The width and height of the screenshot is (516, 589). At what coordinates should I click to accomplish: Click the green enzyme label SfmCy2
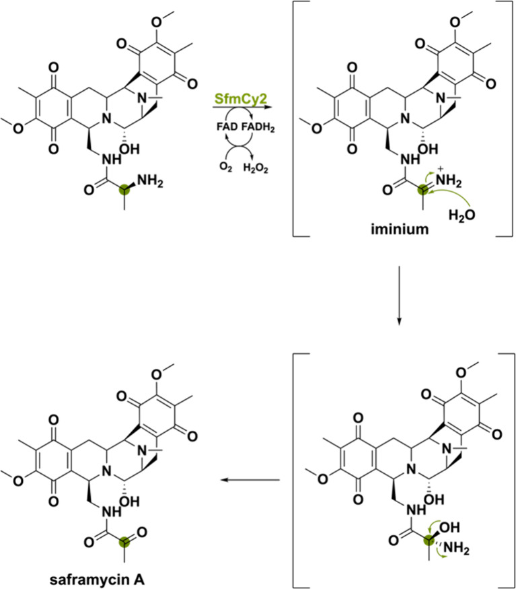click(x=241, y=99)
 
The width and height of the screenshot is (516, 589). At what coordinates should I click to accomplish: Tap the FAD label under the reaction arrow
click(x=227, y=127)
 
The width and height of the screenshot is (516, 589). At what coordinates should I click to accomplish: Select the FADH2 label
click(x=258, y=127)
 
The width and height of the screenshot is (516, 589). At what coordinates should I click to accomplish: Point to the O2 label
click(x=225, y=167)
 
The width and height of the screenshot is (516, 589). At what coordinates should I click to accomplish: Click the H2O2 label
click(x=256, y=168)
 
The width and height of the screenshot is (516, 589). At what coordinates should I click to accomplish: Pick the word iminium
click(x=400, y=228)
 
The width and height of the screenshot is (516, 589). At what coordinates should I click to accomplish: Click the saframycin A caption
click(x=97, y=580)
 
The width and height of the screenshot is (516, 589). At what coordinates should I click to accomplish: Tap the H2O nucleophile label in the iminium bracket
click(x=462, y=215)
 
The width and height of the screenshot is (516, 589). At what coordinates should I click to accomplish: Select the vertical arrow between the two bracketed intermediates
click(x=399, y=295)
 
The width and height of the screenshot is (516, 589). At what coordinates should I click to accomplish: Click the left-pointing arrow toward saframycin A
click(x=250, y=480)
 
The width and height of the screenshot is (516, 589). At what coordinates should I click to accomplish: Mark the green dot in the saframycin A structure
click(x=124, y=542)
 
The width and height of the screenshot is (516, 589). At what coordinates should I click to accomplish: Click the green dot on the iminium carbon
click(x=423, y=190)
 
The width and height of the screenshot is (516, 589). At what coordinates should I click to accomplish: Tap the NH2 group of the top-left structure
click(x=150, y=181)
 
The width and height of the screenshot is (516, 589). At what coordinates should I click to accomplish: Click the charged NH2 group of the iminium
click(x=449, y=180)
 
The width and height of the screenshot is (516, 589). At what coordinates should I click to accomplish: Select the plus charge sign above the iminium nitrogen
click(x=441, y=169)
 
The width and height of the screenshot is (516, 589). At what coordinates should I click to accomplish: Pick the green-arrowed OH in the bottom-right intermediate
click(x=449, y=527)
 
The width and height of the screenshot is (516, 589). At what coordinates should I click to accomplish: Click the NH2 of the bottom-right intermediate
click(x=456, y=548)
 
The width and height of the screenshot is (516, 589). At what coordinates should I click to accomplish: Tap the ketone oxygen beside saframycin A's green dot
click(x=142, y=532)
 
